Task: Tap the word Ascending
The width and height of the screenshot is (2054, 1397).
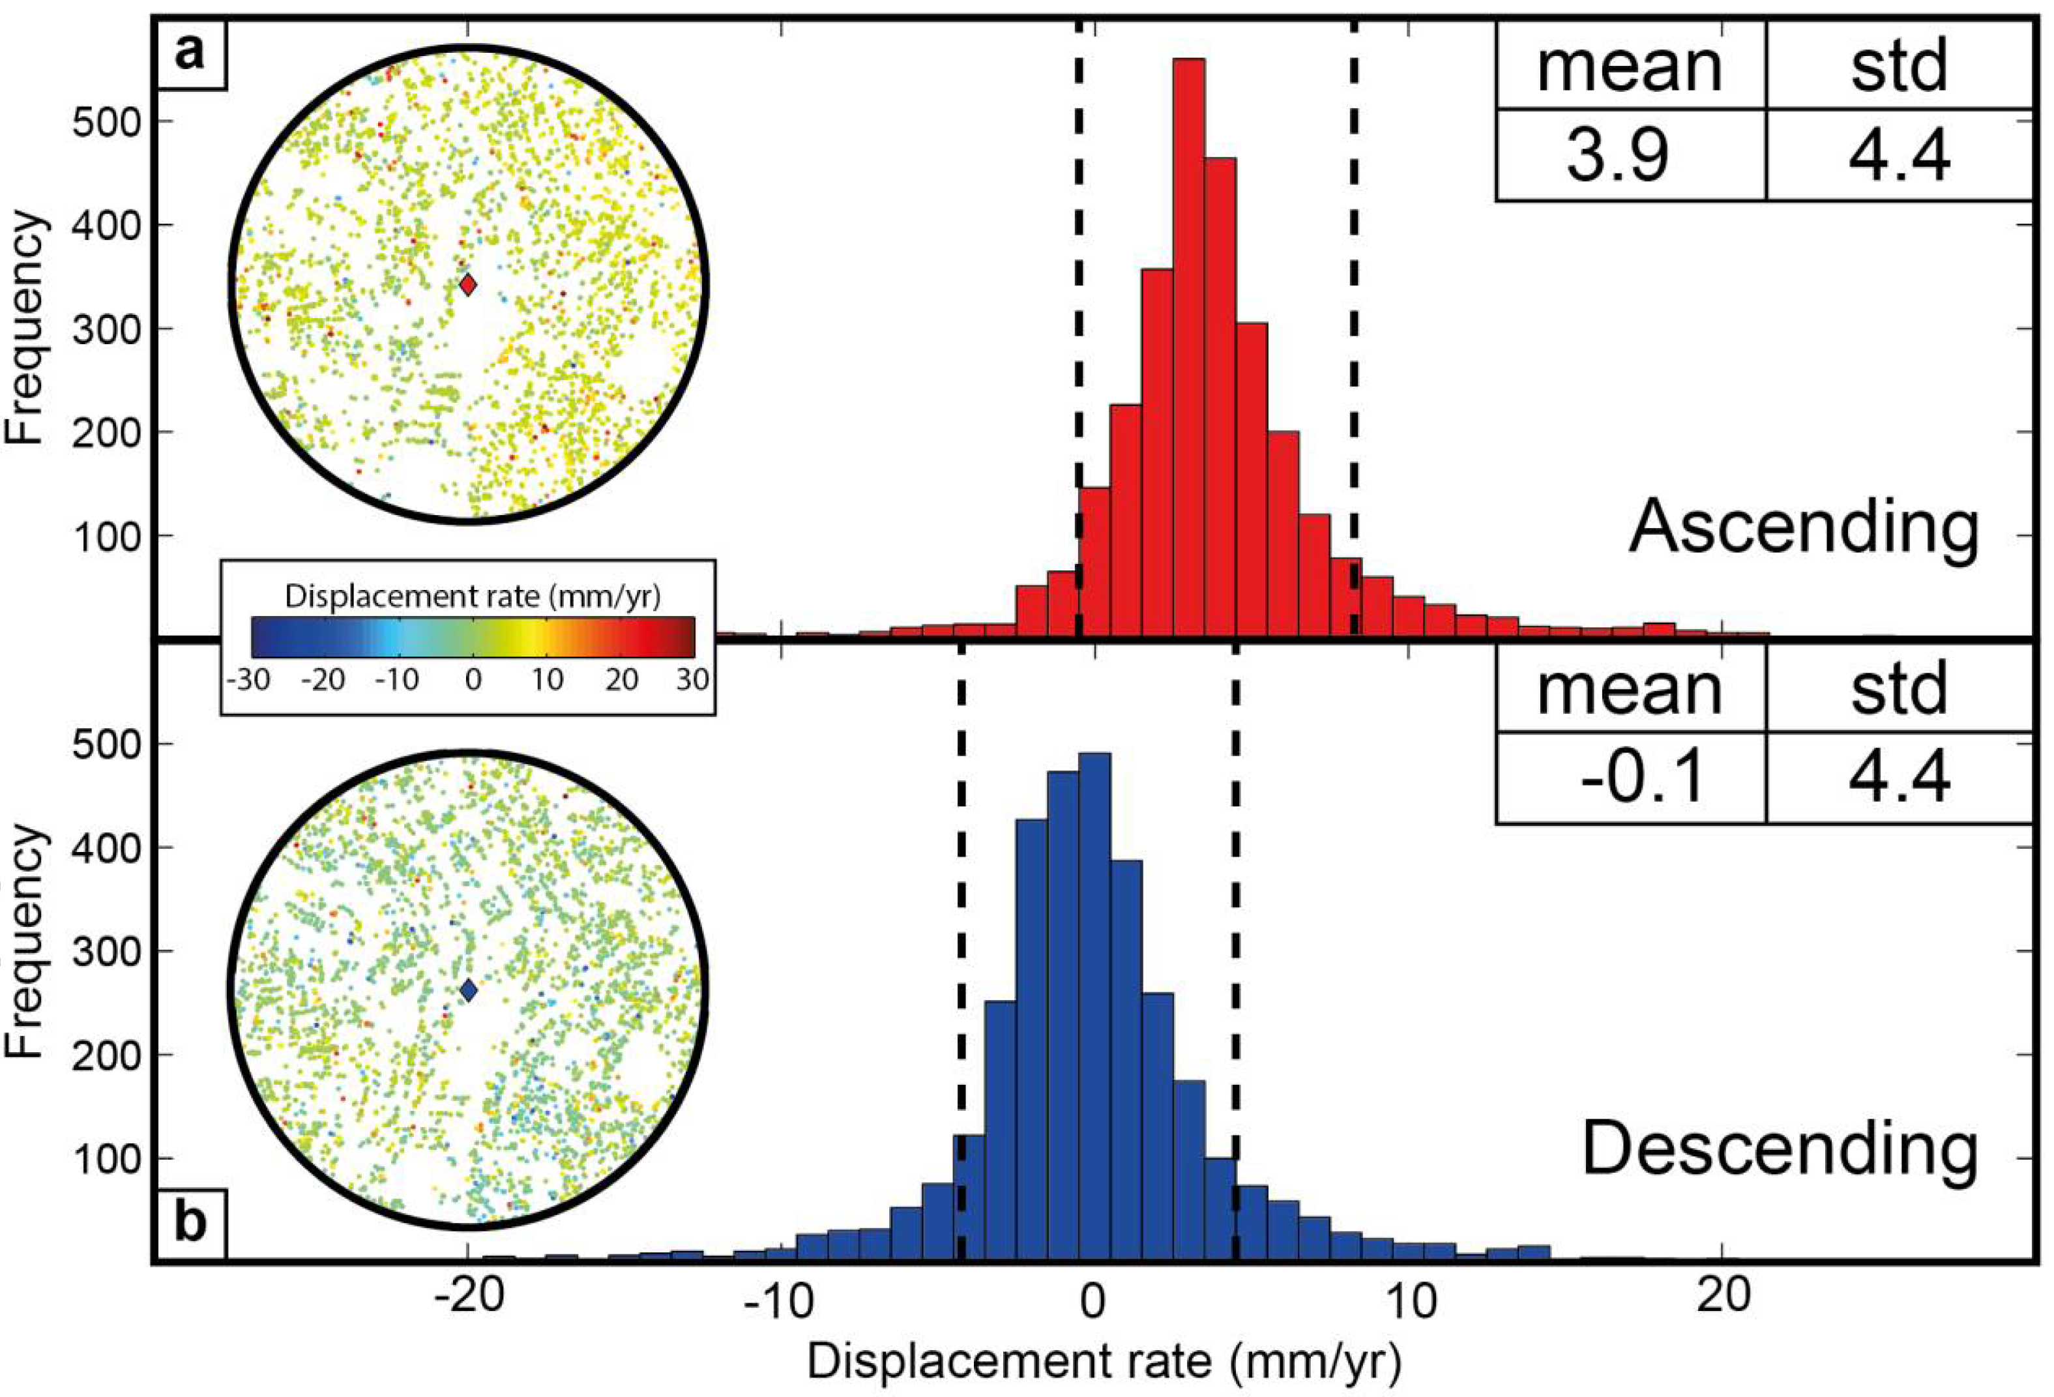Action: [1804, 527]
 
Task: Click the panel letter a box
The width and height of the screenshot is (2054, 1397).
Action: [191, 55]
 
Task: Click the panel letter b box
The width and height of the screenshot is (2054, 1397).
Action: [191, 1224]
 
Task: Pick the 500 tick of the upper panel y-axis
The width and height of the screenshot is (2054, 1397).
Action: [106, 122]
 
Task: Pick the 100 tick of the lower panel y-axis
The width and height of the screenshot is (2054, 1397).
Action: [106, 1158]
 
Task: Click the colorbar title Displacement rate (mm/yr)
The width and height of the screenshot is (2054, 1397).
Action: [472, 597]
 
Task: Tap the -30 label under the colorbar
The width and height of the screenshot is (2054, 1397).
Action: [251, 681]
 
